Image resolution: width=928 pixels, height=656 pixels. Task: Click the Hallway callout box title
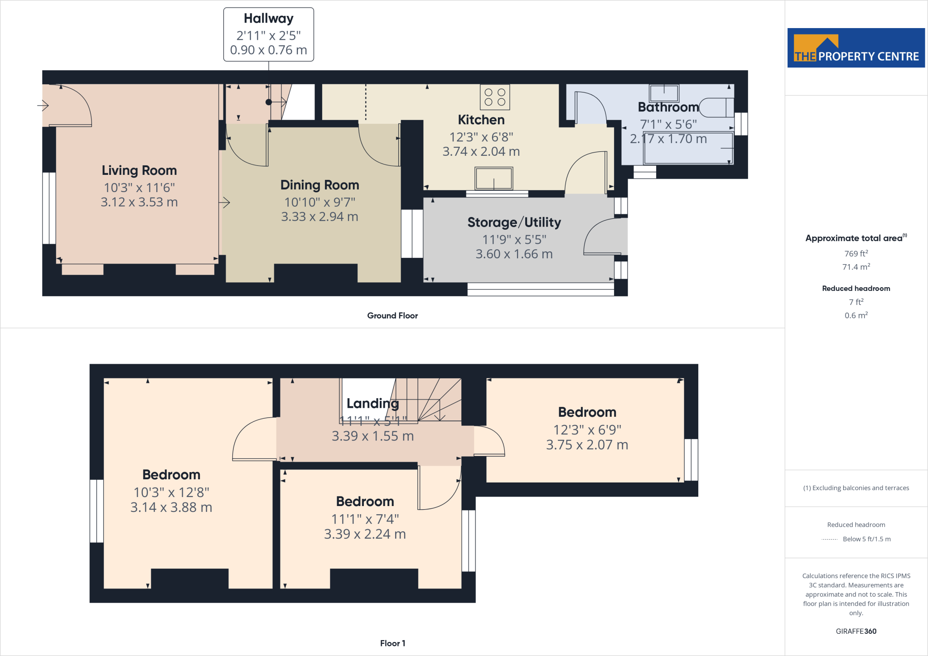(x=268, y=19)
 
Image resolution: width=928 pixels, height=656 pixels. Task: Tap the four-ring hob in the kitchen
(x=495, y=97)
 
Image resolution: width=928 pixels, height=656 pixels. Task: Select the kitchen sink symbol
(x=493, y=178)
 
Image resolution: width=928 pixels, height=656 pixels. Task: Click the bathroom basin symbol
(x=664, y=93)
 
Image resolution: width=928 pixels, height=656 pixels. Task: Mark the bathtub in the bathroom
(x=688, y=148)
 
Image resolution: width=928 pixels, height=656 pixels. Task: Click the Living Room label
(x=139, y=170)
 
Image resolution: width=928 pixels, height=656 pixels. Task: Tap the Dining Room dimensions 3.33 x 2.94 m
(x=319, y=217)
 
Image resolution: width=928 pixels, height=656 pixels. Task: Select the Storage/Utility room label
(x=514, y=222)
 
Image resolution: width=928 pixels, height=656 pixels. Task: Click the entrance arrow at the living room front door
(x=43, y=106)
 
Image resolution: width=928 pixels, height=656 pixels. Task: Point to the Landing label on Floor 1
(x=372, y=403)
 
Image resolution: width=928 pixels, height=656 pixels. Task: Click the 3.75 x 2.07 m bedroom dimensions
(x=587, y=444)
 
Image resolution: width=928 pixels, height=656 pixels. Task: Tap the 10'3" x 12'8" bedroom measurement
(x=171, y=492)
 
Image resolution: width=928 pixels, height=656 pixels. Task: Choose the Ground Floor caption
(x=392, y=316)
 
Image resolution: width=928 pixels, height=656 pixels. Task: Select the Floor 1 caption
(x=392, y=643)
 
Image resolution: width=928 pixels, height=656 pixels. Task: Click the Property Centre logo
(x=855, y=48)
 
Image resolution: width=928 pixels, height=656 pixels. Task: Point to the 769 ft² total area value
(x=855, y=254)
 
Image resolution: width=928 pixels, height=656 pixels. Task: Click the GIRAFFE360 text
(x=855, y=631)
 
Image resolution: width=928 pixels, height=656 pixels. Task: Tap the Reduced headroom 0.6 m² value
(x=855, y=315)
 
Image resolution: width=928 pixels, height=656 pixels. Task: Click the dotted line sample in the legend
(x=829, y=539)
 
